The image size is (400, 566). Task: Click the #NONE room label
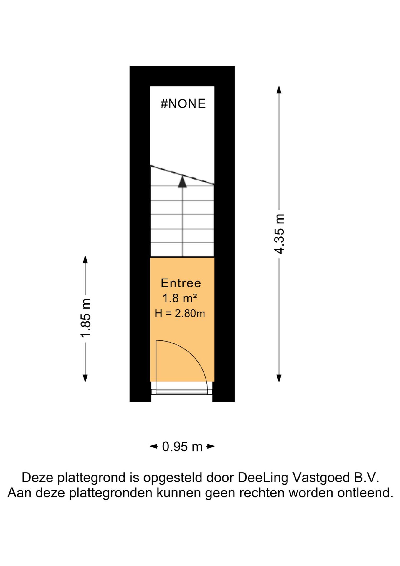point(183,104)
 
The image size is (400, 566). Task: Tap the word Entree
point(181,283)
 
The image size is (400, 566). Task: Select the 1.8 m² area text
point(180,298)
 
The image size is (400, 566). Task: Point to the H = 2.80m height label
point(180,313)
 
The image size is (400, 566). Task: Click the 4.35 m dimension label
point(279,234)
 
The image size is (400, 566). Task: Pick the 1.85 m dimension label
point(85,318)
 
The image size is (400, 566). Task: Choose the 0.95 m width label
point(182,447)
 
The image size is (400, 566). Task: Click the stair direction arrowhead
point(183,182)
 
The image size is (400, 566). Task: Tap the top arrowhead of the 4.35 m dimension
point(279,90)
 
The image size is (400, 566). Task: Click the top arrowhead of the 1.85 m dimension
point(85,259)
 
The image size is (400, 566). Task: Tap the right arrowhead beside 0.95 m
point(211,446)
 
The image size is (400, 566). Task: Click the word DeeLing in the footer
point(263,478)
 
